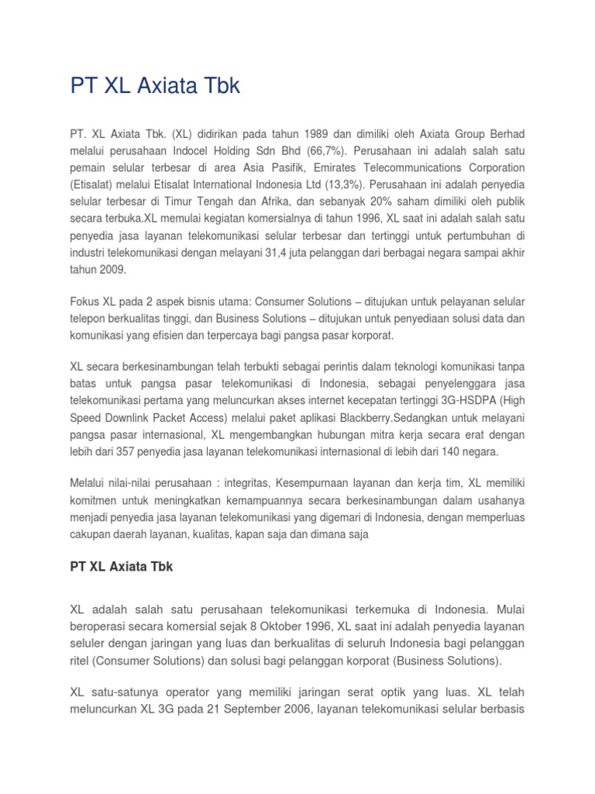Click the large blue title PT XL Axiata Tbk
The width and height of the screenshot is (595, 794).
coord(155,87)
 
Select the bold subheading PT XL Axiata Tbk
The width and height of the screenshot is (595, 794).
coord(121,567)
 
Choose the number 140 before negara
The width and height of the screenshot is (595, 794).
coord(458,451)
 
